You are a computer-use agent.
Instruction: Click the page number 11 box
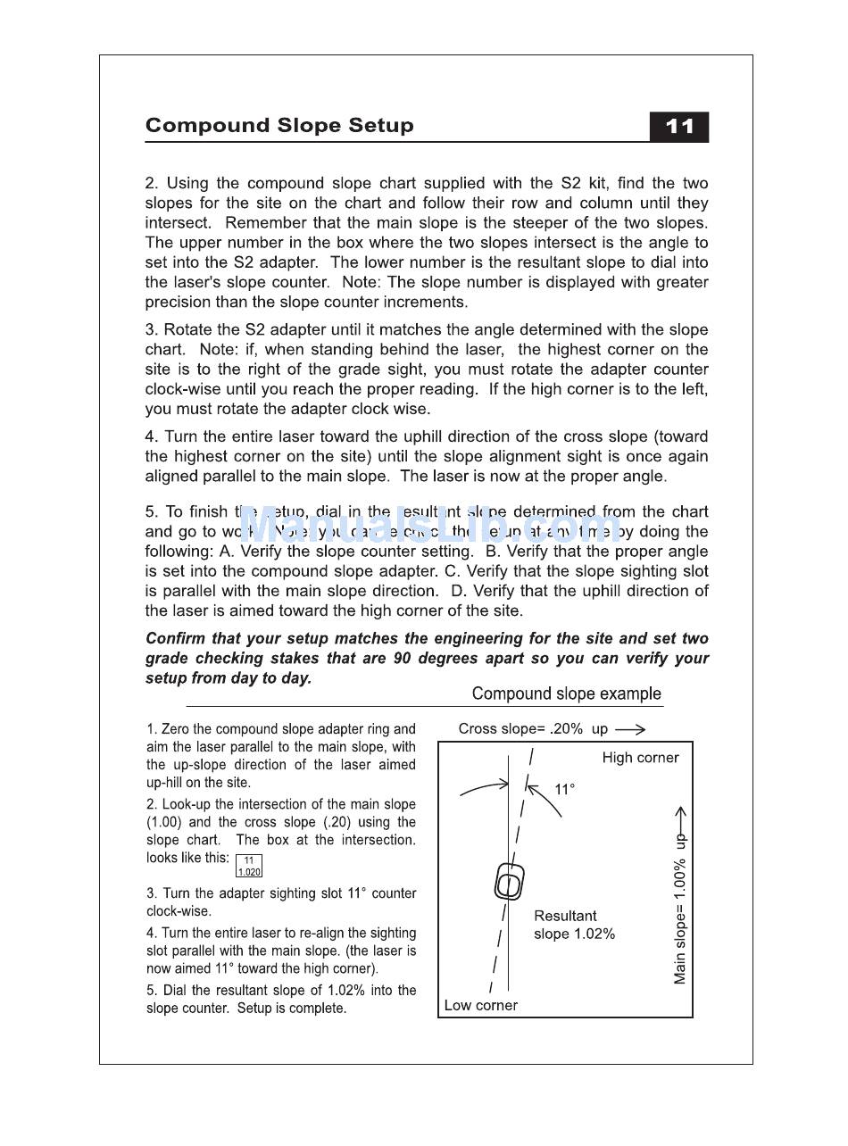tap(678, 127)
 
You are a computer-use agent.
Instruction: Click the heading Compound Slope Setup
tap(279, 125)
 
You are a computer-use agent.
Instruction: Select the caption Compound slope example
tap(566, 693)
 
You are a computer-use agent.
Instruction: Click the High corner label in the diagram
tap(640, 758)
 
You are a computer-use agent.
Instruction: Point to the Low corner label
tap(480, 1005)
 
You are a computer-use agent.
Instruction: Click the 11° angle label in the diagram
tap(564, 789)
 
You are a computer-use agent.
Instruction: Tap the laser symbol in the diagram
tap(509, 882)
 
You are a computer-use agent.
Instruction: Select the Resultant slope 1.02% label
tap(574, 925)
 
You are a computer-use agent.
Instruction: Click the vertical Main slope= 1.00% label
tap(680, 919)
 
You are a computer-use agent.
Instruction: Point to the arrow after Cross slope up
tap(630, 729)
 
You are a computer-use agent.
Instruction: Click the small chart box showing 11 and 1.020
tap(249, 866)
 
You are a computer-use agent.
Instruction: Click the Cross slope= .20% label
tap(520, 729)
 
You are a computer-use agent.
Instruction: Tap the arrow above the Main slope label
tap(680, 817)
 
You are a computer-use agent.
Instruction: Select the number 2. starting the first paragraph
tap(152, 184)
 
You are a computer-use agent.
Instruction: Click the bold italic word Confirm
tap(175, 639)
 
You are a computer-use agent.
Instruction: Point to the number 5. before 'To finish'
tap(152, 512)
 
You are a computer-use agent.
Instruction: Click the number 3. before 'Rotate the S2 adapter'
tap(152, 330)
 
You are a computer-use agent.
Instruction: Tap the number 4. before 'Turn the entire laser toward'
tap(152, 437)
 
